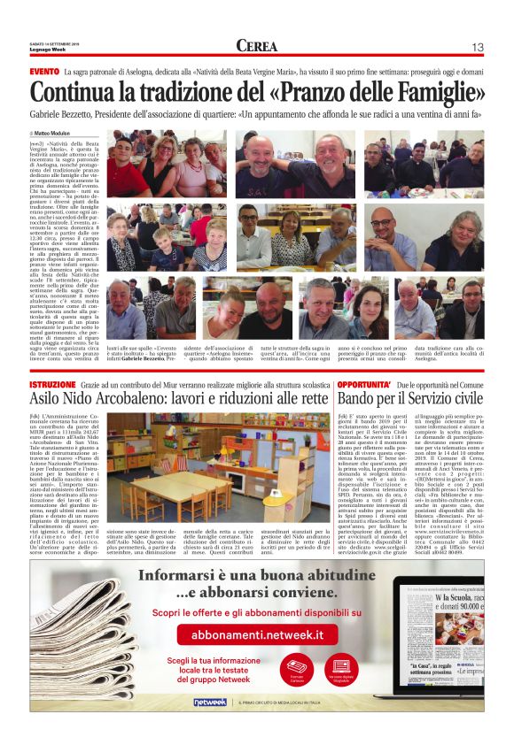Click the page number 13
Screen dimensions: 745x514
[477, 47]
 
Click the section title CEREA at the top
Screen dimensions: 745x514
[257, 46]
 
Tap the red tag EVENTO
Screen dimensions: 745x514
[44, 71]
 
